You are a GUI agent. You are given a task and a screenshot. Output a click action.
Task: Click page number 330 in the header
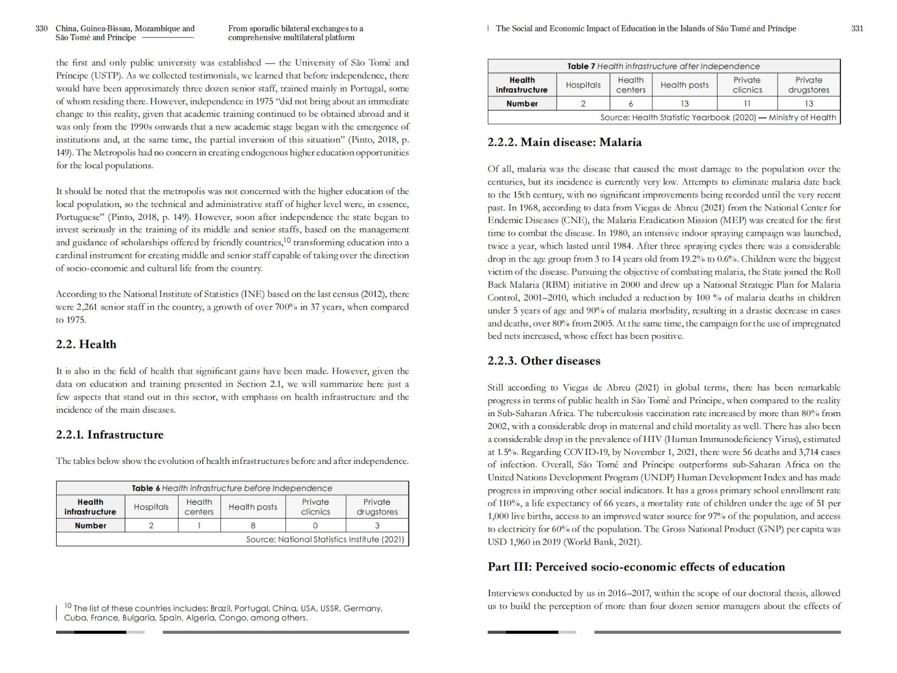(41, 29)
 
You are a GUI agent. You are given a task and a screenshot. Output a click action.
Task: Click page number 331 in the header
(857, 29)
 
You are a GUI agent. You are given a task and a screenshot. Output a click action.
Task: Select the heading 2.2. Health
(86, 344)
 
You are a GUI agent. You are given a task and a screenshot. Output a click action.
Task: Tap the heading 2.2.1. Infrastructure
(110, 435)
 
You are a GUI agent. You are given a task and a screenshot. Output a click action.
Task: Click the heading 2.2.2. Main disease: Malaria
(565, 142)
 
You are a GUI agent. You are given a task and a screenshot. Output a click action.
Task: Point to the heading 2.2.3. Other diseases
(544, 361)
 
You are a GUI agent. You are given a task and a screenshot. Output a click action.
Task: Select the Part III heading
(636, 567)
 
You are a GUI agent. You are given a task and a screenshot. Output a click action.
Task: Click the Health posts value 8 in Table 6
(253, 526)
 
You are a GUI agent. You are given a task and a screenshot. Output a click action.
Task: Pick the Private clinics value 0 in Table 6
(315, 526)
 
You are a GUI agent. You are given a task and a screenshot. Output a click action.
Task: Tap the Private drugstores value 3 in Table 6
(377, 526)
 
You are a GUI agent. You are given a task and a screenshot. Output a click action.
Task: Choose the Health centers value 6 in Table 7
(631, 104)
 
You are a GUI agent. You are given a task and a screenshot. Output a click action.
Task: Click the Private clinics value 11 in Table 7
(747, 104)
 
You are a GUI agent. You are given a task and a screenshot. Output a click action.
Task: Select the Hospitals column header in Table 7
(583, 85)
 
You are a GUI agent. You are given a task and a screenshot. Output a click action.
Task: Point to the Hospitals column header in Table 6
(151, 507)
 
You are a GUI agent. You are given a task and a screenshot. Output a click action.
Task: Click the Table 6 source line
(325, 540)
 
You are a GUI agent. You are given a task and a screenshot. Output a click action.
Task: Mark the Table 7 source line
(718, 118)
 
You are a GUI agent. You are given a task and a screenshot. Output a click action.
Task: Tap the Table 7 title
(664, 66)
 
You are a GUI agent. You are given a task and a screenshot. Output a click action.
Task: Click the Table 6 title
(232, 488)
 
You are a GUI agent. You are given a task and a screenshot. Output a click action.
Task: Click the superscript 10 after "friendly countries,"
(286, 240)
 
